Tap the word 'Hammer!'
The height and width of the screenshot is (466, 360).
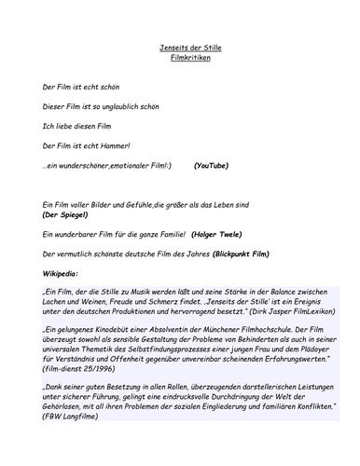pos(113,144)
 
